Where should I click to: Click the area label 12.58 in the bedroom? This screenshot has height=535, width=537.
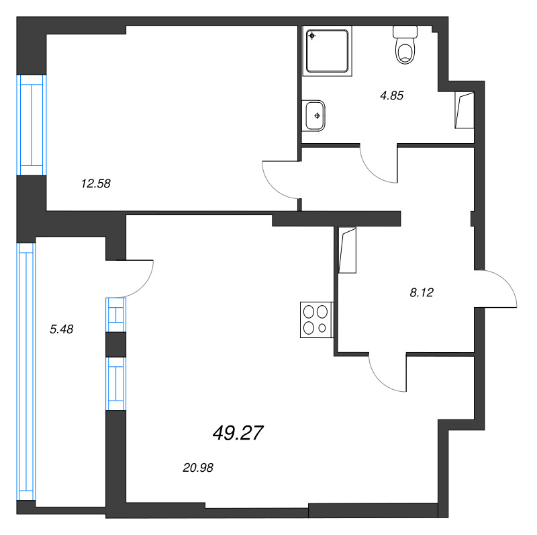click(95, 182)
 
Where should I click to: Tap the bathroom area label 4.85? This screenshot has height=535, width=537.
click(391, 95)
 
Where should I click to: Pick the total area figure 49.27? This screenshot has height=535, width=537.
click(238, 434)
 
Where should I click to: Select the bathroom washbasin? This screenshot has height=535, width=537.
click(315, 115)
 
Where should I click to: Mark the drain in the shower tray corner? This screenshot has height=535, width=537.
click(312, 36)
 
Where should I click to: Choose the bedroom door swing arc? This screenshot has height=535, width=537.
click(277, 181)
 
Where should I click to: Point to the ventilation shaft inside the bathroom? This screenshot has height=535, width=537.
click(464, 109)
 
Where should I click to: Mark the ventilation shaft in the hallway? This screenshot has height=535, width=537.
click(348, 251)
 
